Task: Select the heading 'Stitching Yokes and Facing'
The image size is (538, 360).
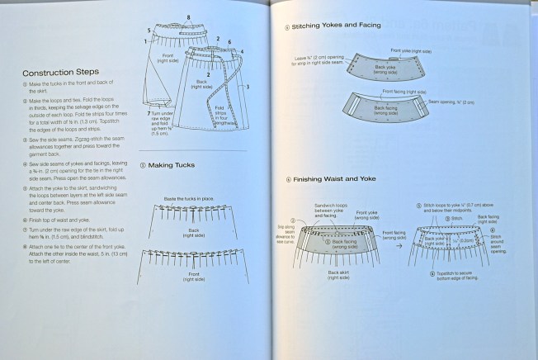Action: click(x=337, y=26)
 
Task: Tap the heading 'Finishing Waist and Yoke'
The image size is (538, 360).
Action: click(x=337, y=179)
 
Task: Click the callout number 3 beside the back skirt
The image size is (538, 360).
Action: click(x=248, y=86)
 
